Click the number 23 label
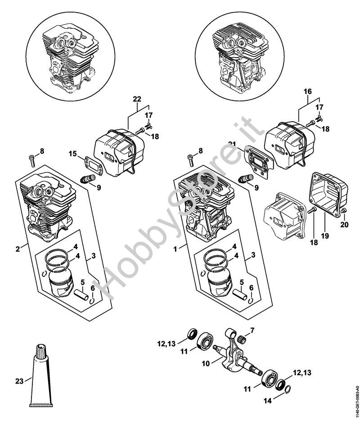[x=19, y=380]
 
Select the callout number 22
[x=137, y=99]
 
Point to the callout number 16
[x=308, y=91]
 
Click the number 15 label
[x=72, y=154]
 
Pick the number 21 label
[x=232, y=144]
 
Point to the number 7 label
[x=252, y=330]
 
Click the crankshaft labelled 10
[x=234, y=356]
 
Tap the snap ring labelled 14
[x=284, y=390]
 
